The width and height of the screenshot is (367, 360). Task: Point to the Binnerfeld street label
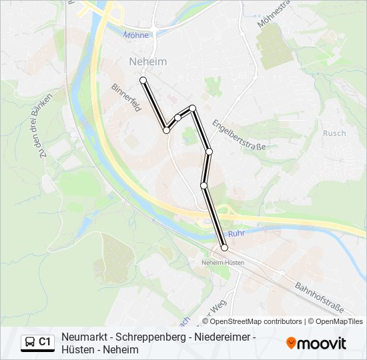[x=126, y=97]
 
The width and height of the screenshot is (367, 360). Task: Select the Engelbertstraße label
[x=239, y=135]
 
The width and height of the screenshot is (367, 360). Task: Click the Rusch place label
[x=334, y=133]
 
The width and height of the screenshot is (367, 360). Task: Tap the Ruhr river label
[x=237, y=234]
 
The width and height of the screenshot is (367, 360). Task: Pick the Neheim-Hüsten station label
[x=222, y=263]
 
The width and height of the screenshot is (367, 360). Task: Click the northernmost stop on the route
[x=143, y=80]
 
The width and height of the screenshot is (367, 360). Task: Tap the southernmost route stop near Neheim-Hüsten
[x=224, y=248]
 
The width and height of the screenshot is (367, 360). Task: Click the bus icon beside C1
[x=30, y=342]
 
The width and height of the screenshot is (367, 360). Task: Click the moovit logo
[x=316, y=343]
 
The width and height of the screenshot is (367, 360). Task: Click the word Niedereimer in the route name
[x=221, y=337]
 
